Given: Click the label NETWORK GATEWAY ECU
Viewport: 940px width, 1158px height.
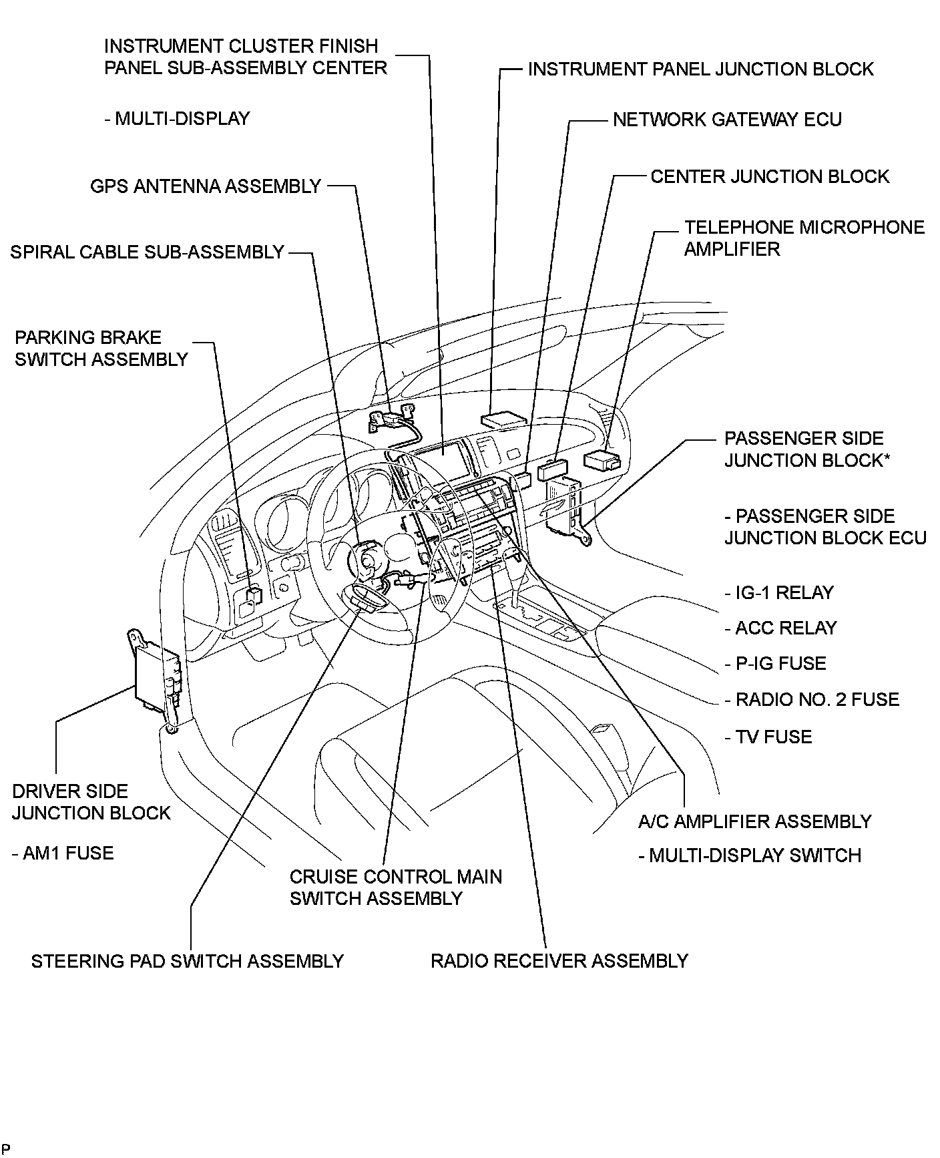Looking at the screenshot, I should tap(727, 120).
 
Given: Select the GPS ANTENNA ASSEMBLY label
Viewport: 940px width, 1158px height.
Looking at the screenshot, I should tap(206, 186).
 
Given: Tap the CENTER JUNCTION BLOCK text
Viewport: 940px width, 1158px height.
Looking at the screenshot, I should tap(770, 177).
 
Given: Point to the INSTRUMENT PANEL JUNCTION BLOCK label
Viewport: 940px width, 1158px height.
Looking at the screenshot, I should tap(700, 69).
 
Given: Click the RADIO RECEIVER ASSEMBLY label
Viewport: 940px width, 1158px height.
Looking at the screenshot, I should tap(559, 962).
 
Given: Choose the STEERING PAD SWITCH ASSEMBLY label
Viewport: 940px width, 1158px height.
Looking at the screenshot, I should tap(187, 962).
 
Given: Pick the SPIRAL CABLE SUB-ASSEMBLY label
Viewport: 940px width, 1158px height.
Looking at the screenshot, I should tap(148, 252).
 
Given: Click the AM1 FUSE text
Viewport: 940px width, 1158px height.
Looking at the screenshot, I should tap(63, 853).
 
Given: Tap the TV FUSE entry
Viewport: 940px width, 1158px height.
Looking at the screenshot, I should tap(768, 737).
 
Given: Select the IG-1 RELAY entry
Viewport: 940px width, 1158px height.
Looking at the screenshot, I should tap(778, 593).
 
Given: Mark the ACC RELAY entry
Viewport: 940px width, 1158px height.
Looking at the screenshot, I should tap(780, 628).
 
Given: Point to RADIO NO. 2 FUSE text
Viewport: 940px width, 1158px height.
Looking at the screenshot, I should tap(812, 700).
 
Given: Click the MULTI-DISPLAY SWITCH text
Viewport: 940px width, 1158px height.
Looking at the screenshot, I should tap(750, 856).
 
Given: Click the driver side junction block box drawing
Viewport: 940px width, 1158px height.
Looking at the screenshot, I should tap(157, 678).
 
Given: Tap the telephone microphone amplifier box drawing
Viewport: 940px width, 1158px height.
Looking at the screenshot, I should tap(601, 460).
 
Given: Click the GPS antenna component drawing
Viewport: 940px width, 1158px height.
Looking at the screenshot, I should tap(391, 419).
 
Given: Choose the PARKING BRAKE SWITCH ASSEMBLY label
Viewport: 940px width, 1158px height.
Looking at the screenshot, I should tap(101, 349).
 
